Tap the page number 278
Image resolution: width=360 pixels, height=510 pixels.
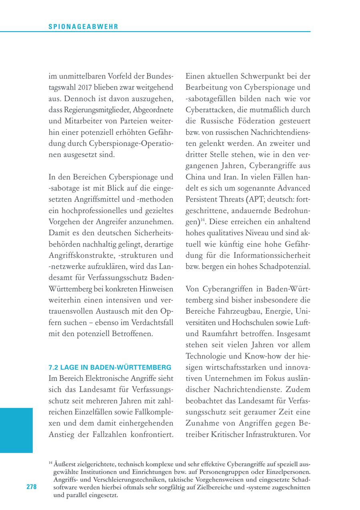click(31, 487)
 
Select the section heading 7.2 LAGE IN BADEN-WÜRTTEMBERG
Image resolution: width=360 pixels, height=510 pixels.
click(110, 367)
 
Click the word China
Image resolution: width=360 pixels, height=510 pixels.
click(196, 176)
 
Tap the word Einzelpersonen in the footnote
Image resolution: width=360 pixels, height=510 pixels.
click(287, 472)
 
